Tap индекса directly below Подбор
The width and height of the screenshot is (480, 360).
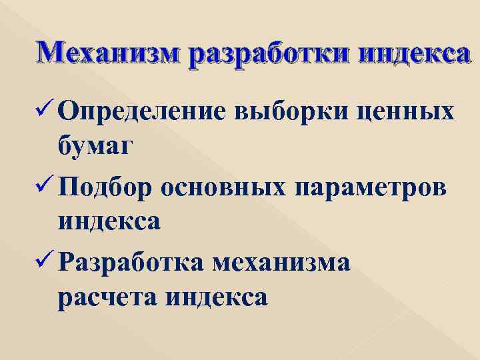tap(109, 219)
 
